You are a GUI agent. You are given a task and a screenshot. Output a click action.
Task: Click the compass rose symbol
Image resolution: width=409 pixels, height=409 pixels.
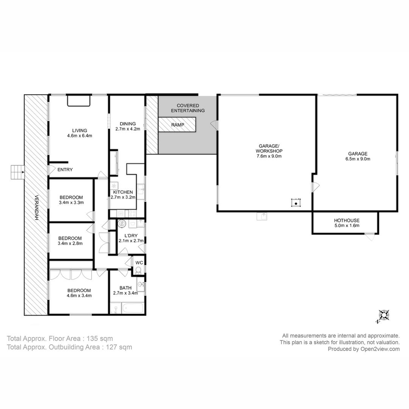(383, 315)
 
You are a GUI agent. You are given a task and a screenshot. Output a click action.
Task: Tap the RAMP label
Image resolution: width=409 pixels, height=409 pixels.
(178, 125)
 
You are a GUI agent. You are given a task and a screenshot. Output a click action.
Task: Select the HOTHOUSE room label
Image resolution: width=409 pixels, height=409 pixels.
(347, 220)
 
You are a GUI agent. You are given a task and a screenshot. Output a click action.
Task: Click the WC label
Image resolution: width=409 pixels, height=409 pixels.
(139, 263)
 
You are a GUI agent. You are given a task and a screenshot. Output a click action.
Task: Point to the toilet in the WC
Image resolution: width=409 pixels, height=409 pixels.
(139, 270)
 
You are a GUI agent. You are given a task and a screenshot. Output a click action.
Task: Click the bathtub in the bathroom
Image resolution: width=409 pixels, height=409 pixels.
(133, 308)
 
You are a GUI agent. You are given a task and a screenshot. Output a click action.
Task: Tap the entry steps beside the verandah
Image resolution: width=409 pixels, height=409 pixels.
(17, 172)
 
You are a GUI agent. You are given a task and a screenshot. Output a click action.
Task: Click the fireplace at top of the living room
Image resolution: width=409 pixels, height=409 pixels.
(78, 101)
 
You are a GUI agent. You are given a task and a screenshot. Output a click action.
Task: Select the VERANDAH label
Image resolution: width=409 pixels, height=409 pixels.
(36, 208)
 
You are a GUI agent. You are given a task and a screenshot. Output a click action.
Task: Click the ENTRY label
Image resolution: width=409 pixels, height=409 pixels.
(65, 170)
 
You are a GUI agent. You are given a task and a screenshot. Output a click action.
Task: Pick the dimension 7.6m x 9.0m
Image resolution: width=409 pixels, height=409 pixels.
(269, 156)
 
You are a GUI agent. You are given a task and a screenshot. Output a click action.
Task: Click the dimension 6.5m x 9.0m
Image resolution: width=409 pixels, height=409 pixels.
(357, 159)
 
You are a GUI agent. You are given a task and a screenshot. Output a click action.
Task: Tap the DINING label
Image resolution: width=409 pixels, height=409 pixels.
(128, 124)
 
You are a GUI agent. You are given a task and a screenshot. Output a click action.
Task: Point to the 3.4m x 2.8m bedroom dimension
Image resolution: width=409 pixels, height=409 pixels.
(70, 244)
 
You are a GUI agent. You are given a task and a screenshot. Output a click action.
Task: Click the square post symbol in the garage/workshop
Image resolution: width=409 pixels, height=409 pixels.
(296, 203)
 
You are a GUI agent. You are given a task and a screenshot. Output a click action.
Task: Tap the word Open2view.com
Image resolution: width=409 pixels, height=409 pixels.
(380, 349)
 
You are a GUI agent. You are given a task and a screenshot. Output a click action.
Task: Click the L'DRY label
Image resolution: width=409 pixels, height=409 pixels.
(131, 236)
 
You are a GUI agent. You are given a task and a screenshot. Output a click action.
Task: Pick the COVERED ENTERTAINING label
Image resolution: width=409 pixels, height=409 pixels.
(188, 108)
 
